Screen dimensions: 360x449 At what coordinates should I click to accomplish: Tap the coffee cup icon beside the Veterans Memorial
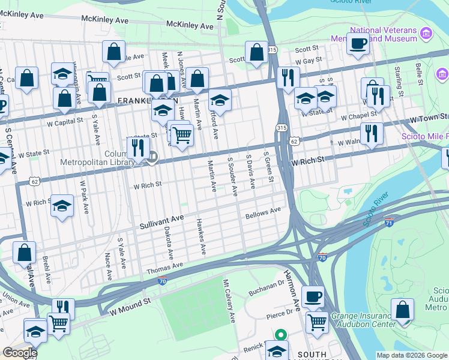(x=358, y=43)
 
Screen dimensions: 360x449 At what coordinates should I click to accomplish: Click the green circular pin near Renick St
(x=279, y=335)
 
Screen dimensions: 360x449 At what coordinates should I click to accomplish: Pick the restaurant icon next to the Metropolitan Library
(x=138, y=148)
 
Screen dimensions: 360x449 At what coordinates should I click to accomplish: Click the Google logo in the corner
(x=20, y=352)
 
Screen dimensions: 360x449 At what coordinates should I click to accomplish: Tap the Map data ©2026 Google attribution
(x=412, y=355)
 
